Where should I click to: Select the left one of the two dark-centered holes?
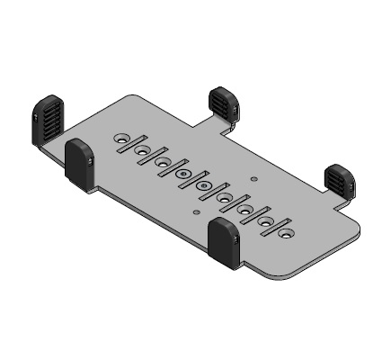click(x=183, y=174)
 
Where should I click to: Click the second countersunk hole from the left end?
click(x=142, y=150)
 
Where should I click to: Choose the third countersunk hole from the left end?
click(x=163, y=162)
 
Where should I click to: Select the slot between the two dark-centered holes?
click(x=193, y=180)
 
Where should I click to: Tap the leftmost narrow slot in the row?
click(x=132, y=145)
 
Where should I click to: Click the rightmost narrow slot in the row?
click(x=276, y=226)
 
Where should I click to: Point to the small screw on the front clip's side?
click(x=235, y=241)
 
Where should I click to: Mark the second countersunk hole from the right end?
click(x=265, y=220)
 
